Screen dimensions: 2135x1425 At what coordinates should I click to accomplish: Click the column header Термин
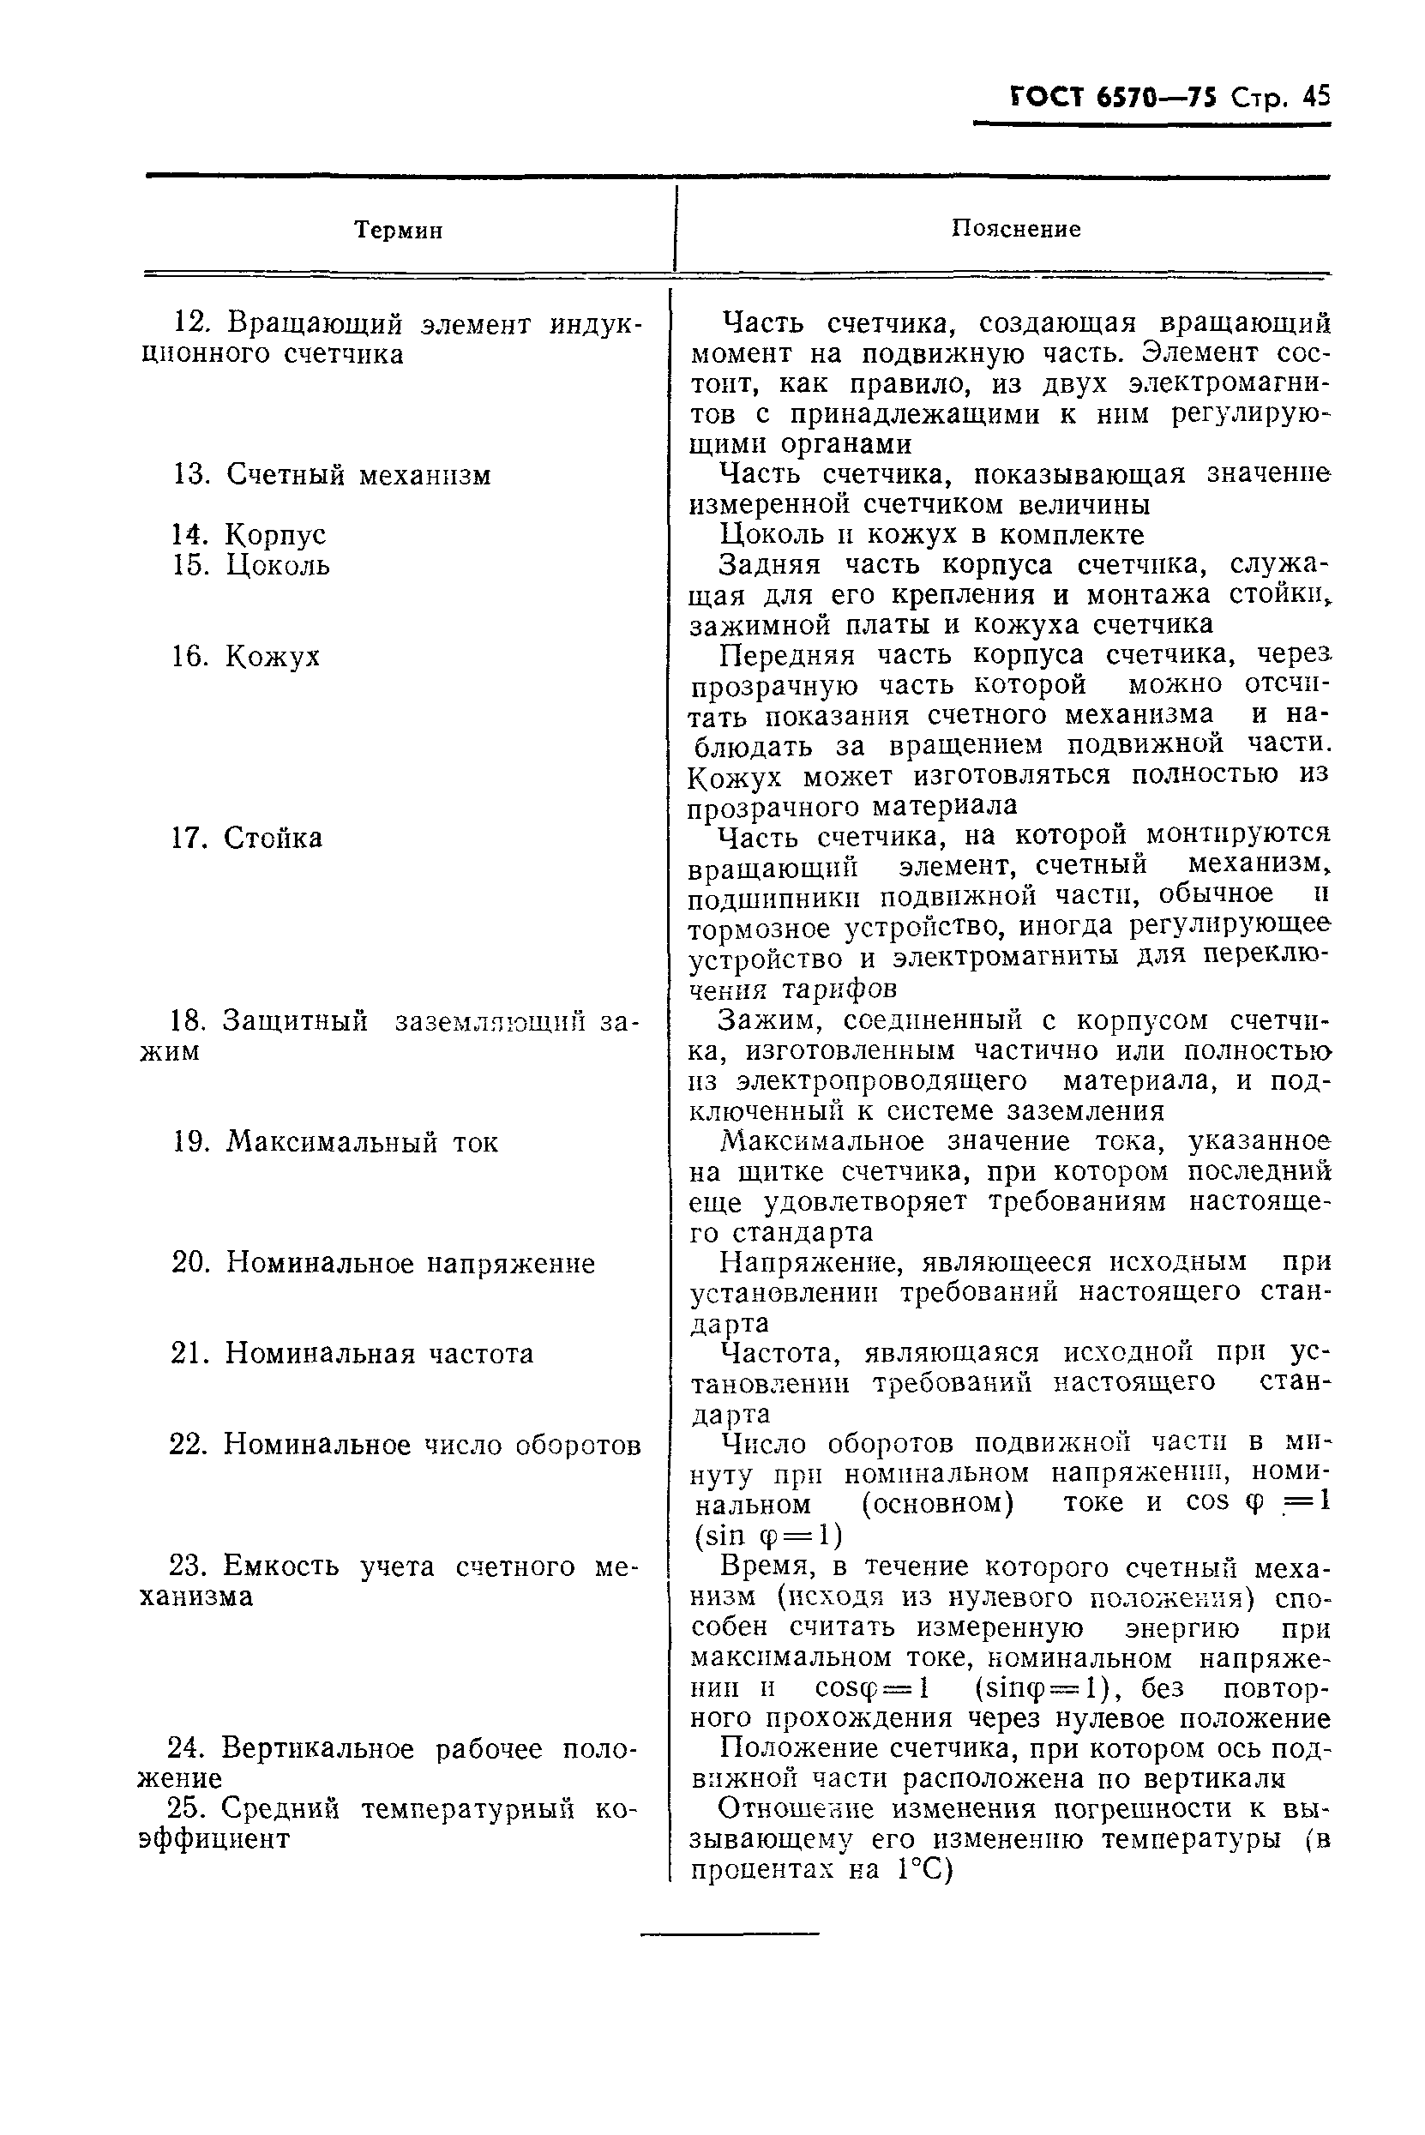click(398, 231)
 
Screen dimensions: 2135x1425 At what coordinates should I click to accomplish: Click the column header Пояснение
click(1015, 229)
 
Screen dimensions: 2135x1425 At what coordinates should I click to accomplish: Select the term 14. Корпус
click(249, 534)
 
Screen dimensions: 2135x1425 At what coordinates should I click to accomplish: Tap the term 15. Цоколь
click(251, 565)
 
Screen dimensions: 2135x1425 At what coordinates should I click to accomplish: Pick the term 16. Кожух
click(246, 656)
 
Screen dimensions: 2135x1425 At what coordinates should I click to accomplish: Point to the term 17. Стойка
click(246, 838)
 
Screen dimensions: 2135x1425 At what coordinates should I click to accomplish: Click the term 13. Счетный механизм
click(332, 474)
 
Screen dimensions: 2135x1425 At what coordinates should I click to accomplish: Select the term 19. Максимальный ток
click(335, 1142)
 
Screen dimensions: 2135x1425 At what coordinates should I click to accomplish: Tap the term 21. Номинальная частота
click(352, 1354)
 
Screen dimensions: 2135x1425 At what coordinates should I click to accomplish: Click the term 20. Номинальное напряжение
click(383, 1263)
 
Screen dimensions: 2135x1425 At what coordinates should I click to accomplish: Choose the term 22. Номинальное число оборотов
click(406, 1445)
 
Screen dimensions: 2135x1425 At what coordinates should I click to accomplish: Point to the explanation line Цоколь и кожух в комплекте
click(931, 534)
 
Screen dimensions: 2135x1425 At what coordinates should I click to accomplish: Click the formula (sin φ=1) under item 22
click(768, 1536)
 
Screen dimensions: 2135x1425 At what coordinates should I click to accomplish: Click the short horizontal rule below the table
click(729, 1934)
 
